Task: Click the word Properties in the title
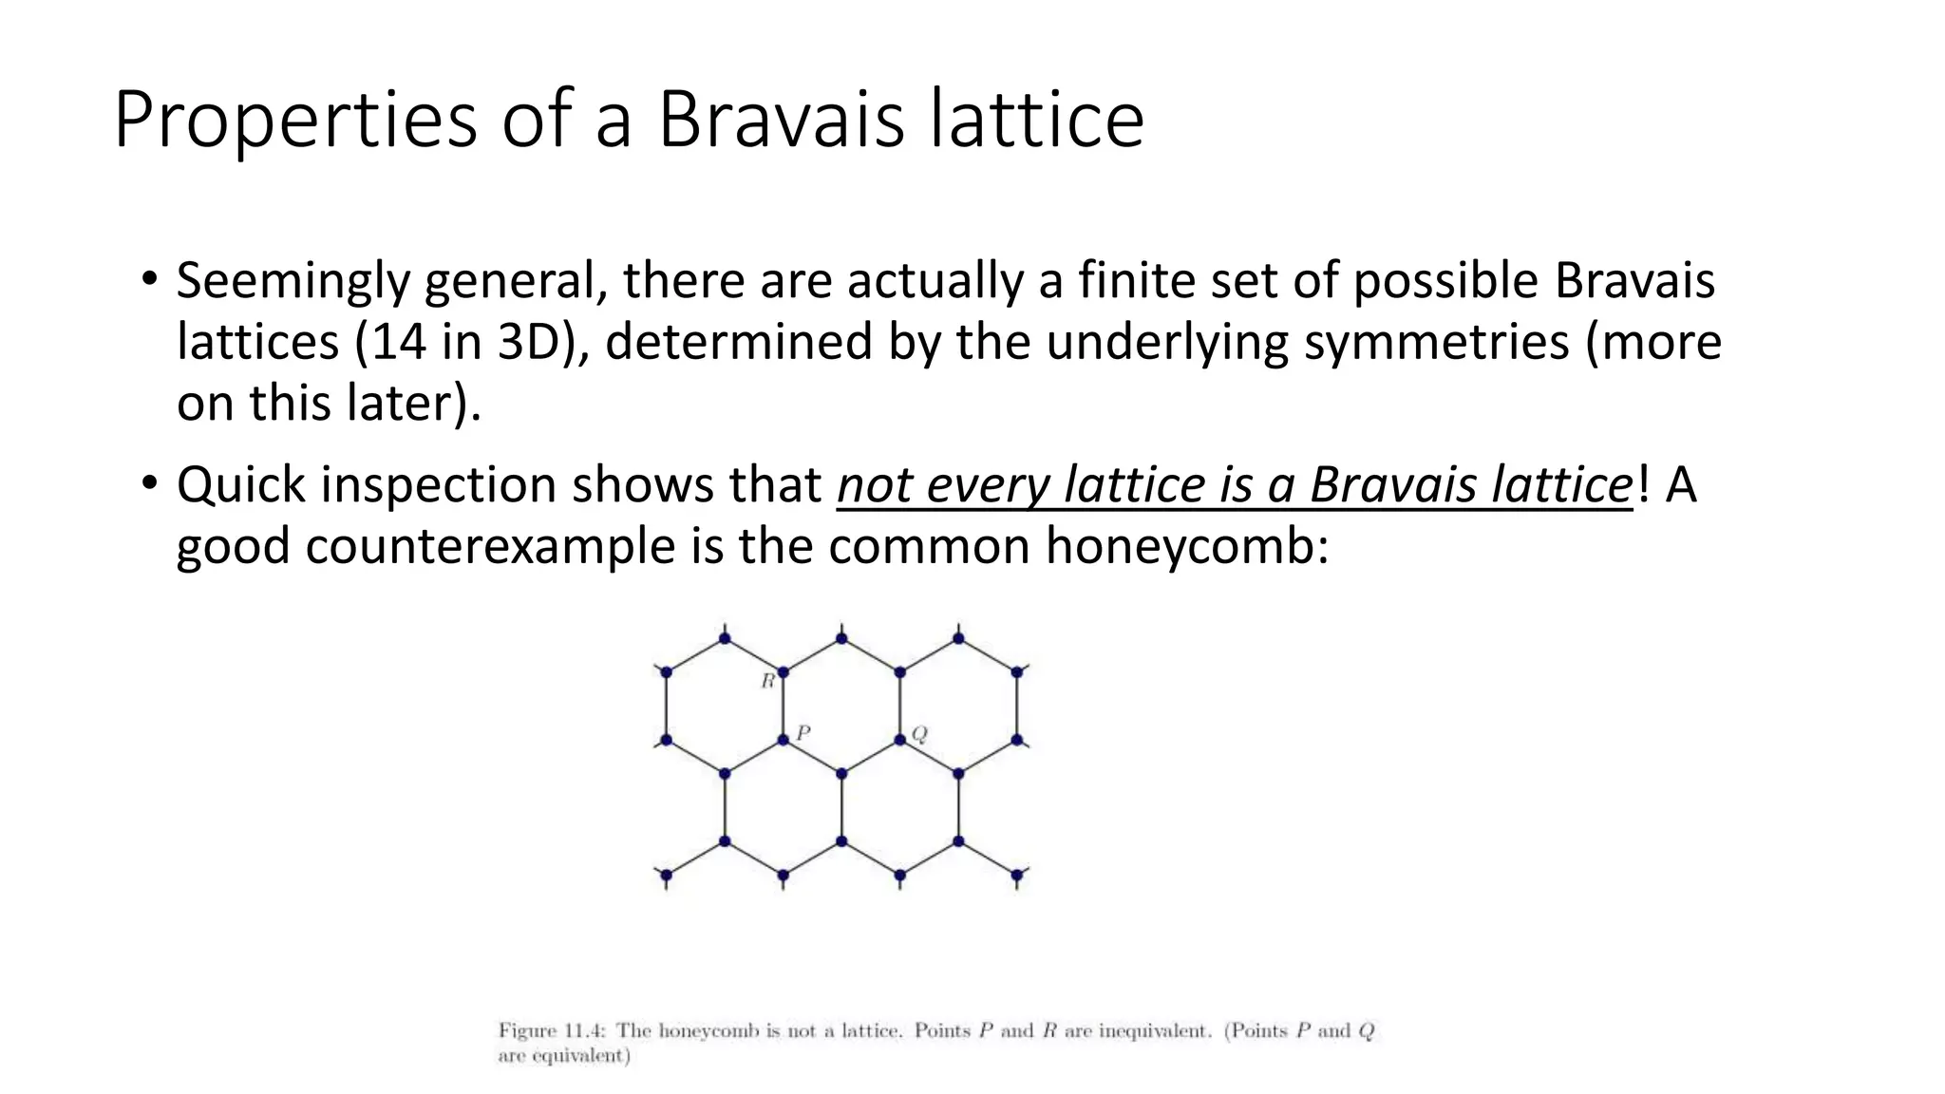[294, 121]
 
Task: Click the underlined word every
[988, 485]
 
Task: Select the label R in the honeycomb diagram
[767, 681]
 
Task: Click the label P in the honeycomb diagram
[803, 732]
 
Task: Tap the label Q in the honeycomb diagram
[919, 733]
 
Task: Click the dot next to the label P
[784, 739]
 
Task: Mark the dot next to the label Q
[900, 739]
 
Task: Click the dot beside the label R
[784, 672]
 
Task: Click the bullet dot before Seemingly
[148, 280]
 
